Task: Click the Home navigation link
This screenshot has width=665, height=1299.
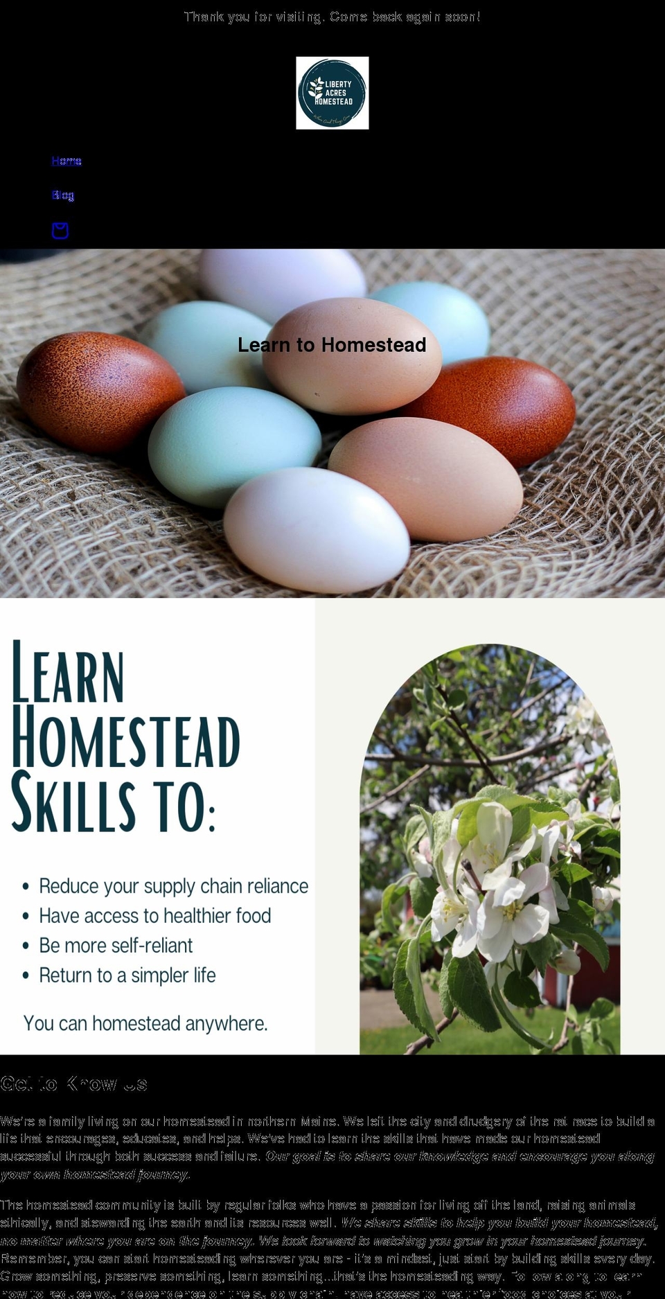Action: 66,161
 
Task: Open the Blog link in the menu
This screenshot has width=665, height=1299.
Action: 62,195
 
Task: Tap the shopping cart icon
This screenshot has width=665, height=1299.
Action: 60,230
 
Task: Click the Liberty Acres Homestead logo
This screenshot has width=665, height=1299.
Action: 332,93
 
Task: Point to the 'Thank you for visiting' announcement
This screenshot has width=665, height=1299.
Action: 332,17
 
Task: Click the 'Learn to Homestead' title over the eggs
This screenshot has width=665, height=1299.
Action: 332,345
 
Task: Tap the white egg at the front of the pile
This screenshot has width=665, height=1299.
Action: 316,520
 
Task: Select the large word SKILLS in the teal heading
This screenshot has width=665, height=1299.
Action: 73,802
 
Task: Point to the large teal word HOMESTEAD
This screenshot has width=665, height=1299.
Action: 125,739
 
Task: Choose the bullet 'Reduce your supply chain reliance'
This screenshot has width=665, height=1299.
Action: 173,886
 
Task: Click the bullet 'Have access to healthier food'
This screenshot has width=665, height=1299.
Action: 154,916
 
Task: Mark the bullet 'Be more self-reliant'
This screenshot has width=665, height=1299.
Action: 116,946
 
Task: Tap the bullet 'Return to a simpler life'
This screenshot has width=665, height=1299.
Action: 127,975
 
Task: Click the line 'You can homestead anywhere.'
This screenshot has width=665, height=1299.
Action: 145,1023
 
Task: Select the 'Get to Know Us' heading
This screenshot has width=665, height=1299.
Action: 73,1084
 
